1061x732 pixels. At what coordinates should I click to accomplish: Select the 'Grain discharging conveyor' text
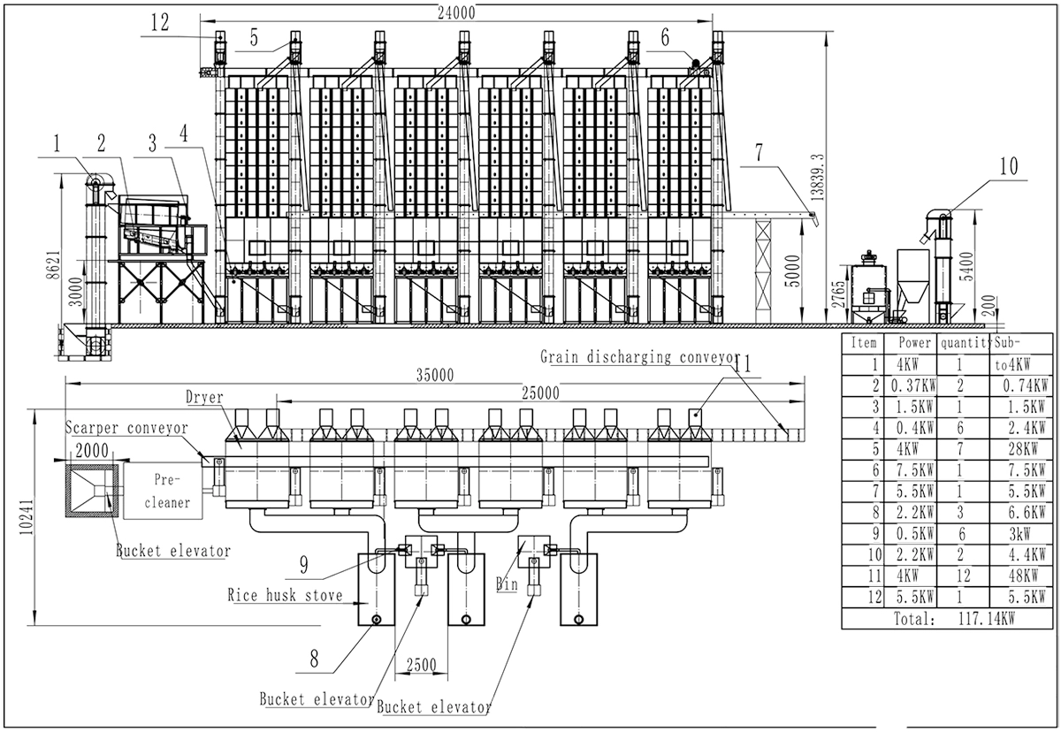pyautogui.click(x=638, y=357)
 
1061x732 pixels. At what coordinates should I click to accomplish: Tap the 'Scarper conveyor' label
pyautogui.click(x=127, y=428)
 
